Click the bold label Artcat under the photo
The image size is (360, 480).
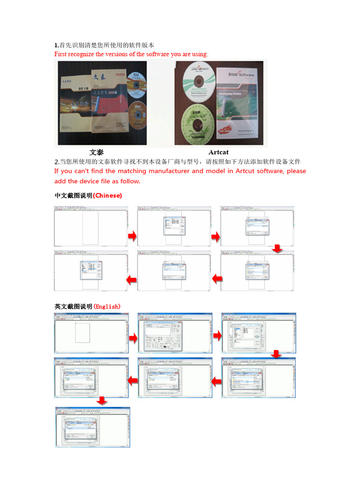218,152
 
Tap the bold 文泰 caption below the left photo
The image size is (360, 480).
97,152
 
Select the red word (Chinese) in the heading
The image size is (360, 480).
107,195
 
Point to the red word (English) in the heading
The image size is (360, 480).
107,307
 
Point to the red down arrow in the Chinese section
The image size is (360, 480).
277,248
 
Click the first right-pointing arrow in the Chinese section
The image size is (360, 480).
132,237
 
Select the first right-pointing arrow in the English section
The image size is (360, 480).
133,337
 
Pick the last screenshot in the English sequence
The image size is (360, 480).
93,427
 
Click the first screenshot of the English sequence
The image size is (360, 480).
92,333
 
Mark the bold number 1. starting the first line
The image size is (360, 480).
57,45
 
